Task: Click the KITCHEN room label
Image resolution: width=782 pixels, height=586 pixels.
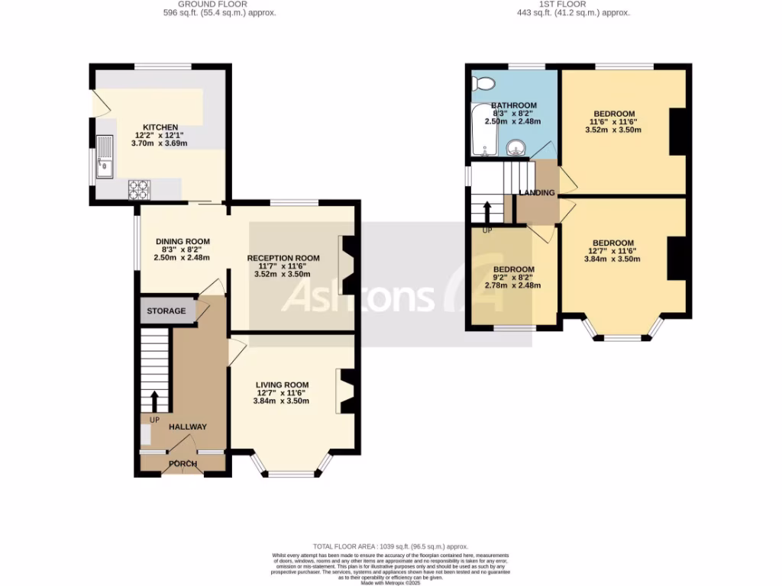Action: coord(160,127)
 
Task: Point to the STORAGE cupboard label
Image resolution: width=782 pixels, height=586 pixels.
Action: coord(166,311)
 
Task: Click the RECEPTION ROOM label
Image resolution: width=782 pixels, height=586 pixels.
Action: coord(283,258)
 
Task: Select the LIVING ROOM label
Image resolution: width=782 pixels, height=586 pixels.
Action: coord(282,385)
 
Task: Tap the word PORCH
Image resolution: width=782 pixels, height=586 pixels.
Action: coord(183,464)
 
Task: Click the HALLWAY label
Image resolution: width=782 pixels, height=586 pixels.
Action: coord(187,427)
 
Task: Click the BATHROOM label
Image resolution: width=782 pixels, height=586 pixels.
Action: coord(513,105)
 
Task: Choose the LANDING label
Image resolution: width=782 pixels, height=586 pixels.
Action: coord(537,193)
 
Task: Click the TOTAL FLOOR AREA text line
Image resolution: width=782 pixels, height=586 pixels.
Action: coord(390,546)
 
